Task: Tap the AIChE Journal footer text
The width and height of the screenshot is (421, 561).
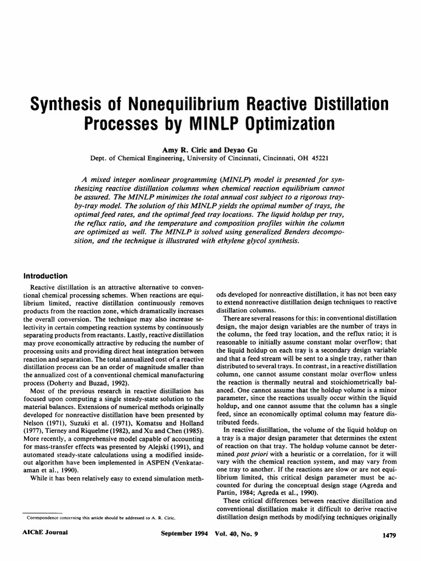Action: click(43, 533)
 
